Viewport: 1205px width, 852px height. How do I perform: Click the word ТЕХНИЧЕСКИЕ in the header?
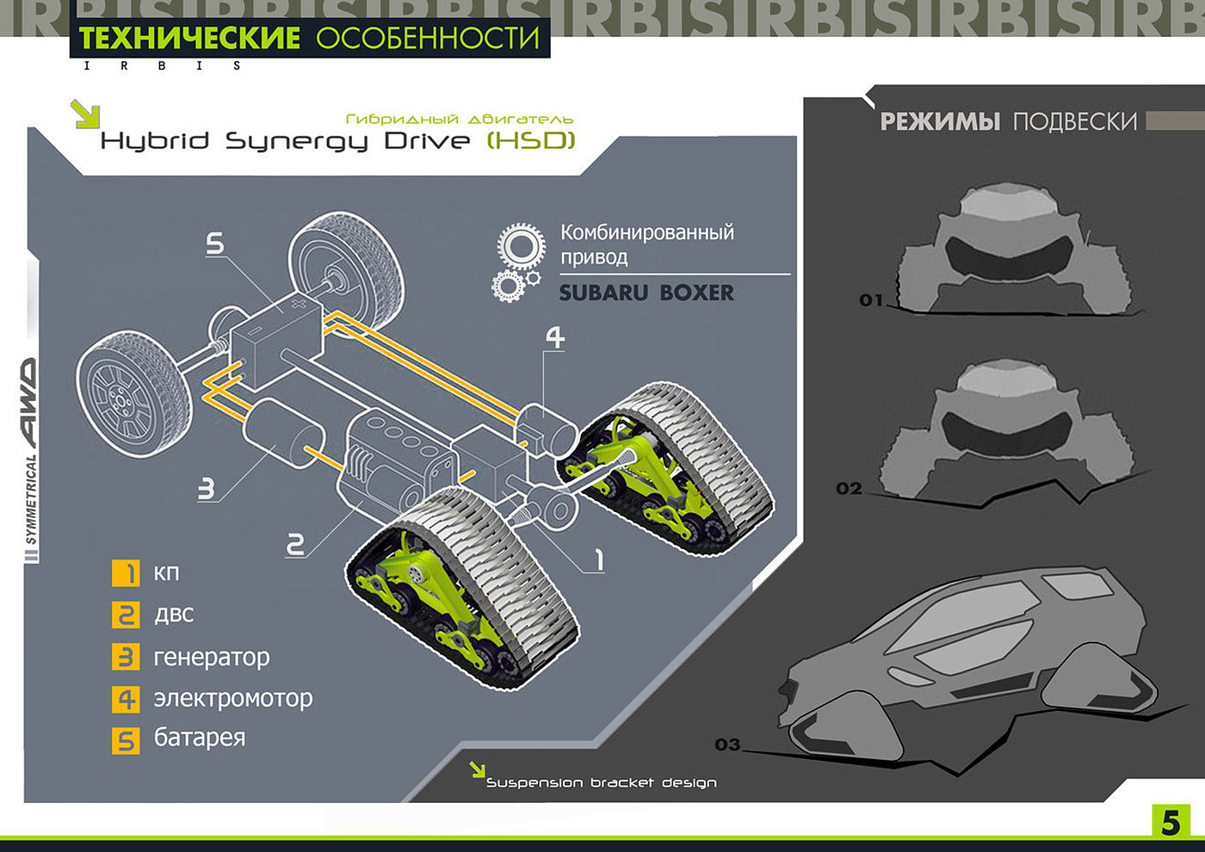click(x=189, y=38)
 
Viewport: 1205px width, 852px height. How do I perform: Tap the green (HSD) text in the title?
click(x=531, y=140)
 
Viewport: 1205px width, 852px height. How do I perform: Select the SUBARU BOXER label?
click(x=646, y=293)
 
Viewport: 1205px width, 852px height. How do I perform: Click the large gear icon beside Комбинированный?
click(x=521, y=245)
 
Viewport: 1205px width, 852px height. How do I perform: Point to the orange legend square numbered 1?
click(x=126, y=573)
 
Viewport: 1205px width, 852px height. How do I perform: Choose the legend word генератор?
click(x=212, y=658)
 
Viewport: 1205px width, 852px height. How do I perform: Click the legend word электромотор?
click(x=232, y=698)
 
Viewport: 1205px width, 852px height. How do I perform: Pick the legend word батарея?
click(x=200, y=738)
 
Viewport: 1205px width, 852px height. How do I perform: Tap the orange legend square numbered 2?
click(x=126, y=614)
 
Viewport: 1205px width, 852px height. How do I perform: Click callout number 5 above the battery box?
click(x=215, y=244)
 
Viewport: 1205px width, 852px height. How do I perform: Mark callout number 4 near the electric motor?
click(x=555, y=337)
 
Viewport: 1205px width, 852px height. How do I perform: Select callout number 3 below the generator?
click(x=207, y=489)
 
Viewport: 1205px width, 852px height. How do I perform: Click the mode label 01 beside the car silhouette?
click(x=871, y=300)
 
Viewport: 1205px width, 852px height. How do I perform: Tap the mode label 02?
click(x=849, y=489)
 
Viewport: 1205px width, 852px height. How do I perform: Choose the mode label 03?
click(x=727, y=744)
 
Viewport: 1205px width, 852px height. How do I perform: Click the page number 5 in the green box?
click(x=1171, y=822)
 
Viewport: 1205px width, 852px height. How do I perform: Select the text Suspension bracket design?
click(x=601, y=782)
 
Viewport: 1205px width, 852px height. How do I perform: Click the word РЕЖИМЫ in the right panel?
click(x=940, y=122)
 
